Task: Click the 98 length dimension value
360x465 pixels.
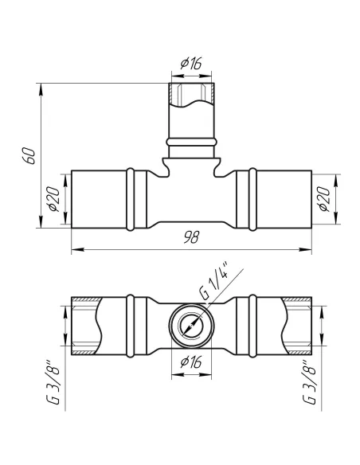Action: tap(192, 237)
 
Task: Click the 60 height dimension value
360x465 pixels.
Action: tap(29, 155)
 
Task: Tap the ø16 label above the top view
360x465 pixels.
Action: tap(191, 64)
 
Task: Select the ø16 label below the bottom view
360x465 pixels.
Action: tap(191, 362)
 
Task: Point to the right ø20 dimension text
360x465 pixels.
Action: tap(324, 199)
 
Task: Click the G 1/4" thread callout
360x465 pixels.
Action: tap(213, 280)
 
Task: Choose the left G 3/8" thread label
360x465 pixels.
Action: tap(53, 382)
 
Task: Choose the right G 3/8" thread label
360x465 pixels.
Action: tap(309, 382)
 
